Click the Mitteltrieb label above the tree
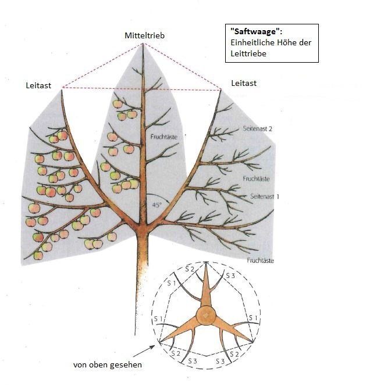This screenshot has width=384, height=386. pos(145,36)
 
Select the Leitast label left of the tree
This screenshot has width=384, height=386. pos(38,85)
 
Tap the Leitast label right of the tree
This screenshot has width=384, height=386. pos(244,84)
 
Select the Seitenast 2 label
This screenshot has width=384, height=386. pos(258,129)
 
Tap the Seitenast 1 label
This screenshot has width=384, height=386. pos(265,197)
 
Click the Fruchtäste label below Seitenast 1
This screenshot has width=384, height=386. pos(260,261)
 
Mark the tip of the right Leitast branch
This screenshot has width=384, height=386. pos(222,90)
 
